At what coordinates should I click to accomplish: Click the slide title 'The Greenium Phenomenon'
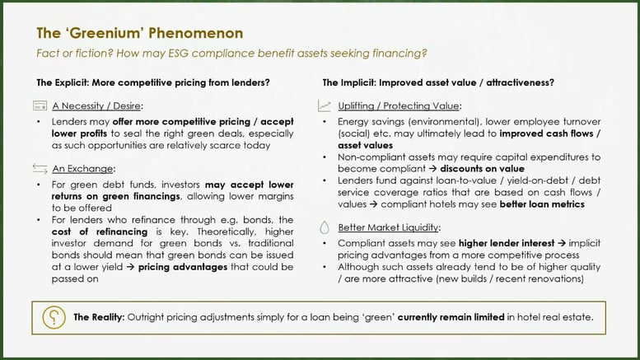pyautogui.click(x=139, y=33)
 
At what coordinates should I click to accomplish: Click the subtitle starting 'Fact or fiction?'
pyautogui.click(x=231, y=54)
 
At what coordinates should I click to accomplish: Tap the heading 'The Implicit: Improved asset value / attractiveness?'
pyautogui.click(x=437, y=82)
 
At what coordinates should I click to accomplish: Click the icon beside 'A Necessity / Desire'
pyautogui.click(x=40, y=106)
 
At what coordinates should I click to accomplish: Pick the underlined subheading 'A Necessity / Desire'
pyautogui.click(x=97, y=106)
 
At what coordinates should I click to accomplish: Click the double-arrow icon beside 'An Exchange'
pyautogui.click(x=40, y=169)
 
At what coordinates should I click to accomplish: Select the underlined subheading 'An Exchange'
pyautogui.click(x=82, y=169)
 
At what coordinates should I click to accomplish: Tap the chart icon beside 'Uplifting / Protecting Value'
pyautogui.click(x=324, y=106)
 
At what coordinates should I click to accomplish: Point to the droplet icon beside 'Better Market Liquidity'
pyautogui.click(x=324, y=227)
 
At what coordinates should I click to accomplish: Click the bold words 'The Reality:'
pyautogui.click(x=100, y=316)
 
